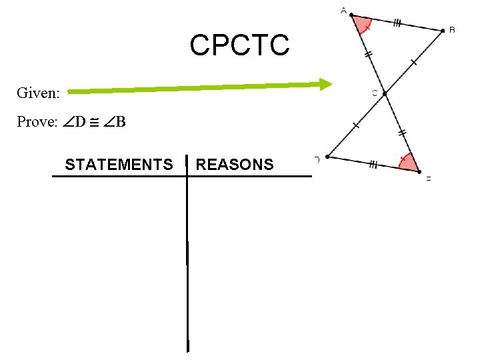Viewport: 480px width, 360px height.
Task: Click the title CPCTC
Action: (239, 45)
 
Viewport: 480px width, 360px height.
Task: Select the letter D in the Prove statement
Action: (80, 123)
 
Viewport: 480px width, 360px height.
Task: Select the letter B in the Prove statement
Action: (121, 123)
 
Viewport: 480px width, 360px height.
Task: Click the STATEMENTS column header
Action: (119, 164)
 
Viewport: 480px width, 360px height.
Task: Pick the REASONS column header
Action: (235, 164)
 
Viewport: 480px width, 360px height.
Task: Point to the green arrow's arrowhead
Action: (325, 84)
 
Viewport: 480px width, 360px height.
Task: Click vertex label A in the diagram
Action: (343, 10)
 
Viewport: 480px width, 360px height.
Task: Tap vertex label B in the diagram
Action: (452, 29)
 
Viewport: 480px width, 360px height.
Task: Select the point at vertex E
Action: (419, 172)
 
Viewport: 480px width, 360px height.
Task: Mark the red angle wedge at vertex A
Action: (361, 25)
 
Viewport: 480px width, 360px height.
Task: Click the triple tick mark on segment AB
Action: (397, 23)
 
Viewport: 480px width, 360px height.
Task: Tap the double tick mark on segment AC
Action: (368, 56)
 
